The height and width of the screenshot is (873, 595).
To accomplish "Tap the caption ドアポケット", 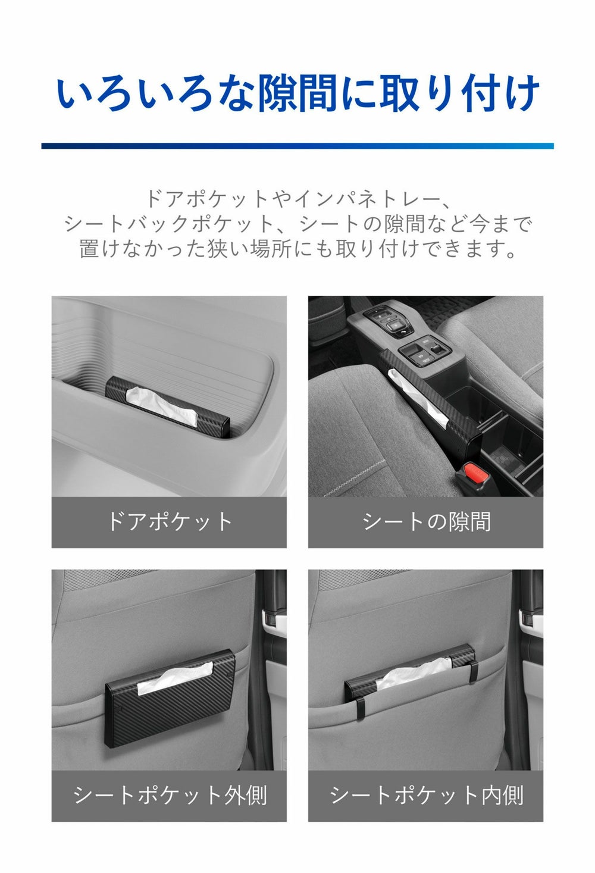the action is coord(169,521).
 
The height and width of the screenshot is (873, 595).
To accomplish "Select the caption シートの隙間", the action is coord(426,521).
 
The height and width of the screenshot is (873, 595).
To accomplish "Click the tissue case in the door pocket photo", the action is coord(168,405).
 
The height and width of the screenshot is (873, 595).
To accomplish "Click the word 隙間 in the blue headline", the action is coord(297,93).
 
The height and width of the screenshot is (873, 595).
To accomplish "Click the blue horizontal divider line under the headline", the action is coord(297,146).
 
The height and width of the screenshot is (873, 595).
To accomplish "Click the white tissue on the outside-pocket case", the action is coord(176,680).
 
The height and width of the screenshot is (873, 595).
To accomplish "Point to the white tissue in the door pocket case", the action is coord(162,405).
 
